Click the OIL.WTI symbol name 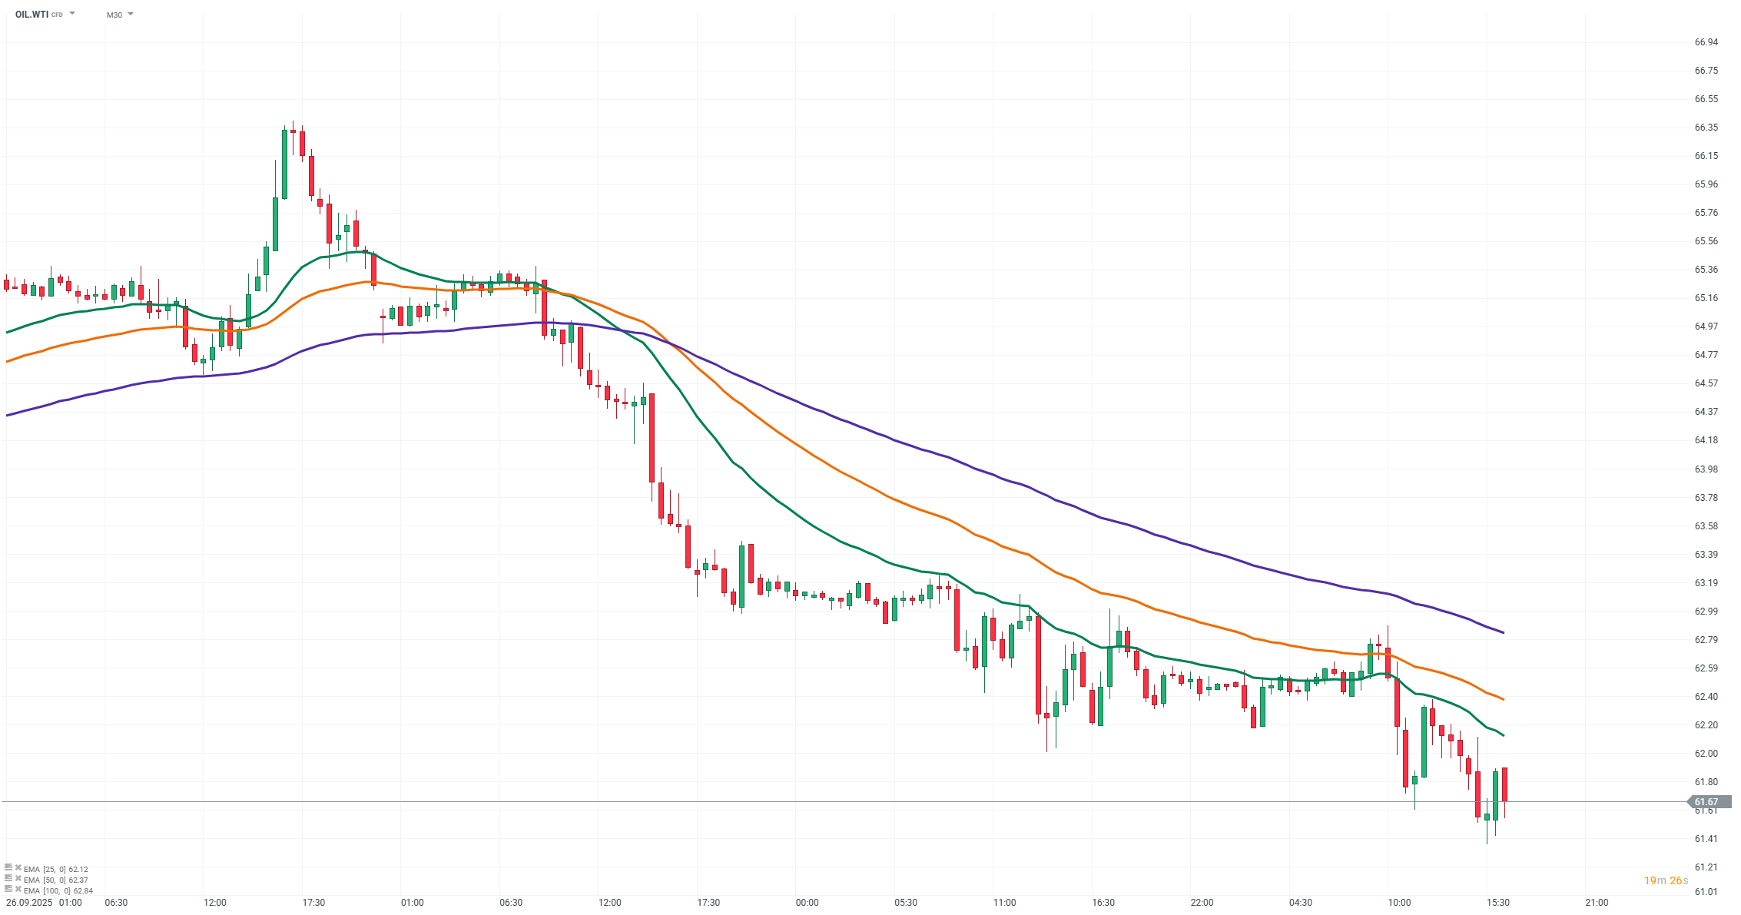coord(32,15)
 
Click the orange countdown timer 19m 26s coord(1666,880)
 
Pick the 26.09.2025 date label coord(29,903)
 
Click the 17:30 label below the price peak coord(313,903)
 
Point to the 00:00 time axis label coord(807,903)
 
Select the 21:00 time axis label coord(1597,903)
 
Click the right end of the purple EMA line coord(1503,632)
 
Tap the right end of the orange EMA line coord(1503,699)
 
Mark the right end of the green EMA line coord(1503,735)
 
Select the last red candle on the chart coord(1504,784)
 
